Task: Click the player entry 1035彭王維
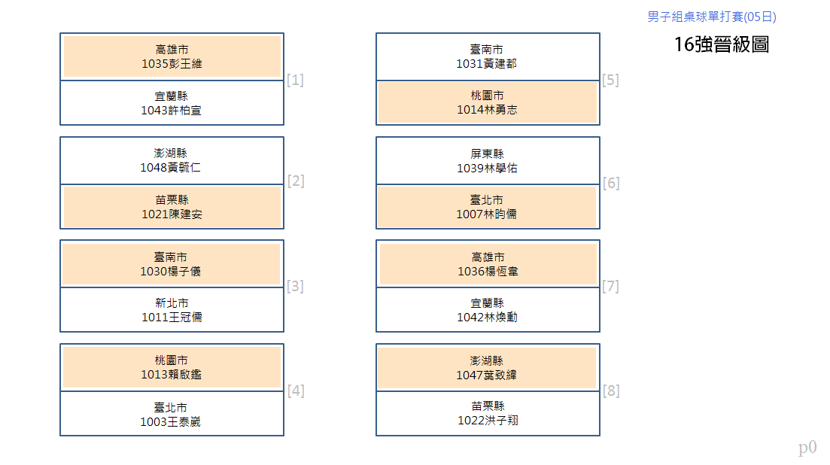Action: [172, 56]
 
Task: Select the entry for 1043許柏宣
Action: [172, 103]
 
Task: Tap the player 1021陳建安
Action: [172, 207]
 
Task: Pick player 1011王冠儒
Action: [172, 310]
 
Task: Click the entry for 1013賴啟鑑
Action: [172, 367]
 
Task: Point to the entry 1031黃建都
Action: [487, 56]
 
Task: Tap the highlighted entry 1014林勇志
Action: [488, 102]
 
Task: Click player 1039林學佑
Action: [488, 161]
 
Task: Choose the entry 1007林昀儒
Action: [487, 207]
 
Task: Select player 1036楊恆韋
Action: [488, 264]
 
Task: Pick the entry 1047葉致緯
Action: [487, 368]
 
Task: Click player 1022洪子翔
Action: [488, 413]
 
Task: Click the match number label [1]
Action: [296, 80]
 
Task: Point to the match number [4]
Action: [296, 391]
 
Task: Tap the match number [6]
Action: [611, 183]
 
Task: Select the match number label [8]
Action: [611, 391]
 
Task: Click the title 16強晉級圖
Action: [722, 44]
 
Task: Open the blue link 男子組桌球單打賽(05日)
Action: [712, 17]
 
